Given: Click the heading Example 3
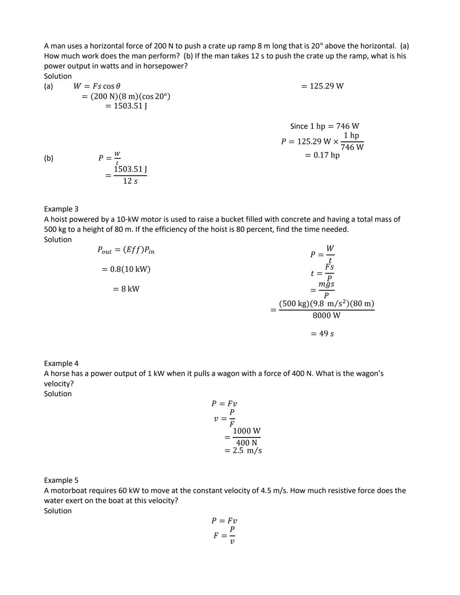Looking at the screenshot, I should click(x=61, y=209).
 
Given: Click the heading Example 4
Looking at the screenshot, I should click(x=61, y=363).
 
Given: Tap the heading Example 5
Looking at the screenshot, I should click(x=61, y=480).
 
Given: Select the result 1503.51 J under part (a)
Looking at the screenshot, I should click(x=126, y=106).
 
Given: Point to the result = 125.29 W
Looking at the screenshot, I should click(x=322, y=86).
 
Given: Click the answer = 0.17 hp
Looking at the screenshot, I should click(x=322, y=155).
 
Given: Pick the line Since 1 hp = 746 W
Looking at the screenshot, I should click(x=325, y=126).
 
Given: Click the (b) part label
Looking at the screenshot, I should click(x=49, y=158).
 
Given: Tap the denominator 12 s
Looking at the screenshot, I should click(x=130, y=181).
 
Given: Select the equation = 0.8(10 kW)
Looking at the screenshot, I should click(x=126, y=269).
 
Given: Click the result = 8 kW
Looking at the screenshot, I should click(x=126, y=289).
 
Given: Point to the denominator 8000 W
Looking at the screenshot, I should click(x=326, y=316).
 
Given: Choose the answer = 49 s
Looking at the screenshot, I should click(x=322, y=333).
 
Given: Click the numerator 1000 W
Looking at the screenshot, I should click(x=247, y=431).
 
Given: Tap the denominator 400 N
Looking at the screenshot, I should click(x=247, y=443).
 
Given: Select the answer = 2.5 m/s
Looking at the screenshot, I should click(x=243, y=451).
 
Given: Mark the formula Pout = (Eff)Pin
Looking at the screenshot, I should click(x=126, y=250).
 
